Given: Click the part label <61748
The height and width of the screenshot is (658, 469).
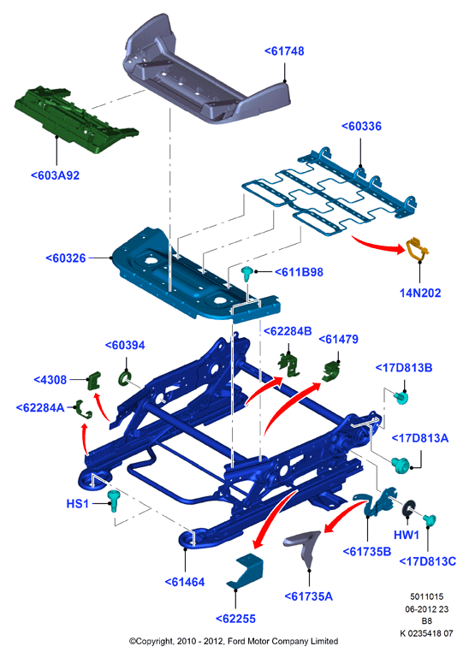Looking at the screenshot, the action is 284,51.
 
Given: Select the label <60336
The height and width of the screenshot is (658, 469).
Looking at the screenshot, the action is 361,127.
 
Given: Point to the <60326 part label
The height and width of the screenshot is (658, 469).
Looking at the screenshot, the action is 66,258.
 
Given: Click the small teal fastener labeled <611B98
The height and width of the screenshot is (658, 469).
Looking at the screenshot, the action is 247,275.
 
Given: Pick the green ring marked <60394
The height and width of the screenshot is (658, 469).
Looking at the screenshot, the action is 125,378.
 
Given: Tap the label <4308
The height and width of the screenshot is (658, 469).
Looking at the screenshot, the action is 50,380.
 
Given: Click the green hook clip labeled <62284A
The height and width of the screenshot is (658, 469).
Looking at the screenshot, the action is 83,409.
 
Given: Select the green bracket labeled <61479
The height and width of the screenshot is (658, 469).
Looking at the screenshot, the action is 331,372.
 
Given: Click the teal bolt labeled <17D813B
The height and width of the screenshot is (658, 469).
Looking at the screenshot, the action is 401,397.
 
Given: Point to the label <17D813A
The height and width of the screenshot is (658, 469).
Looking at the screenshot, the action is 420,438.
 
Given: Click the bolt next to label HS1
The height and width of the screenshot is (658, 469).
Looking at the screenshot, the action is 114,501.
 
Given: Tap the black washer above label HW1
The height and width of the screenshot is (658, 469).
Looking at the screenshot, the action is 408,508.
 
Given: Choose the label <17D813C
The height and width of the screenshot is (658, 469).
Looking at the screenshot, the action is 427,561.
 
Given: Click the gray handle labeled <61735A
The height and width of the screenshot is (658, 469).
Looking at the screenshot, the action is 306,547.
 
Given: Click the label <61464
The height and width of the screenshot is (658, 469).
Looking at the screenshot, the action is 185,582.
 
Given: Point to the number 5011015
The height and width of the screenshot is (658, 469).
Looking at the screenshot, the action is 426,596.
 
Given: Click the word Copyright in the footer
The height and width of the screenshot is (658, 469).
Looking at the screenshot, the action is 153,641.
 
